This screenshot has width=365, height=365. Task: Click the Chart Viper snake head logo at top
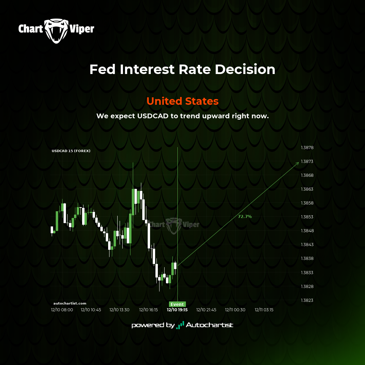(56, 31)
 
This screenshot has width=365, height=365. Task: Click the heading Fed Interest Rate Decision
(182, 69)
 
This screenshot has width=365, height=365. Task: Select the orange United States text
(182, 101)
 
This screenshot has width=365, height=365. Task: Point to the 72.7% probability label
(245, 217)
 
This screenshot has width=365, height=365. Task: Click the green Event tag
(177, 304)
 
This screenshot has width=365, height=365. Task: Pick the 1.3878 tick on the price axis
(307, 148)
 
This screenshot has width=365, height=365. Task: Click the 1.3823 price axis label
(307, 300)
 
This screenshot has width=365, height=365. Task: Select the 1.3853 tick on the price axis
(307, 217)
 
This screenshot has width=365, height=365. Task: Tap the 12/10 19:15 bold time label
(177, 310)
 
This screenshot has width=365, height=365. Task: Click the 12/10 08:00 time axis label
(62, 310)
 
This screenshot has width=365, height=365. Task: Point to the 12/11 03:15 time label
(264, 310)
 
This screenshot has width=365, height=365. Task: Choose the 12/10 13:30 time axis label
(119, 310)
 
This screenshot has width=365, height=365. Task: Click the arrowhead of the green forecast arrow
(299, 163)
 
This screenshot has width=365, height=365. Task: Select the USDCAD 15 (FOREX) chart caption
(71, 151)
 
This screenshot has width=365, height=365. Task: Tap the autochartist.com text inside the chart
(70, 303)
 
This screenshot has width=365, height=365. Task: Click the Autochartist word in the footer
(210, 325)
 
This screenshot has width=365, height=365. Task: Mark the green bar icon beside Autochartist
(180, 325)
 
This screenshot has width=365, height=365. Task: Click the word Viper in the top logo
(82, 29)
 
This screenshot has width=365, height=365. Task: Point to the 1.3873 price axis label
(307, 161)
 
